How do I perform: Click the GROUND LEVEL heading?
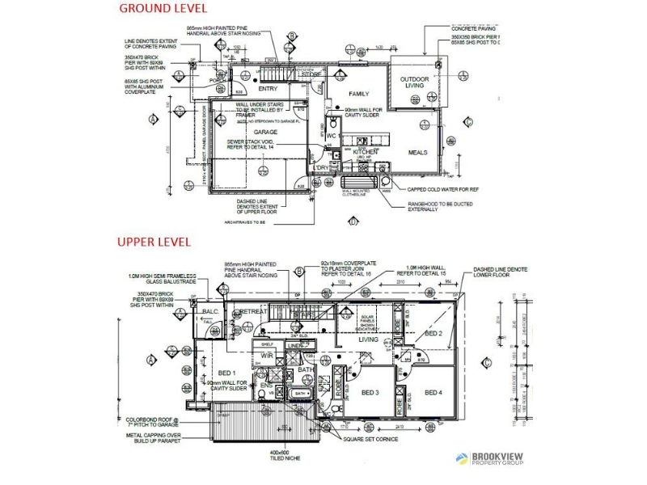163,9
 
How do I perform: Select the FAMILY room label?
360,94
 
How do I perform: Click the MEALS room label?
417,151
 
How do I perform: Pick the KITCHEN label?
365,151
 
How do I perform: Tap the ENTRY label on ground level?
268,89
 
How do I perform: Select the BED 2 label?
433,333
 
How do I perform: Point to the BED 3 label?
370,393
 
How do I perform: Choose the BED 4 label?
434,393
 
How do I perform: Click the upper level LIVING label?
368,340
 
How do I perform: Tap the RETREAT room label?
253,311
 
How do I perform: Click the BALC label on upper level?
210,312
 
